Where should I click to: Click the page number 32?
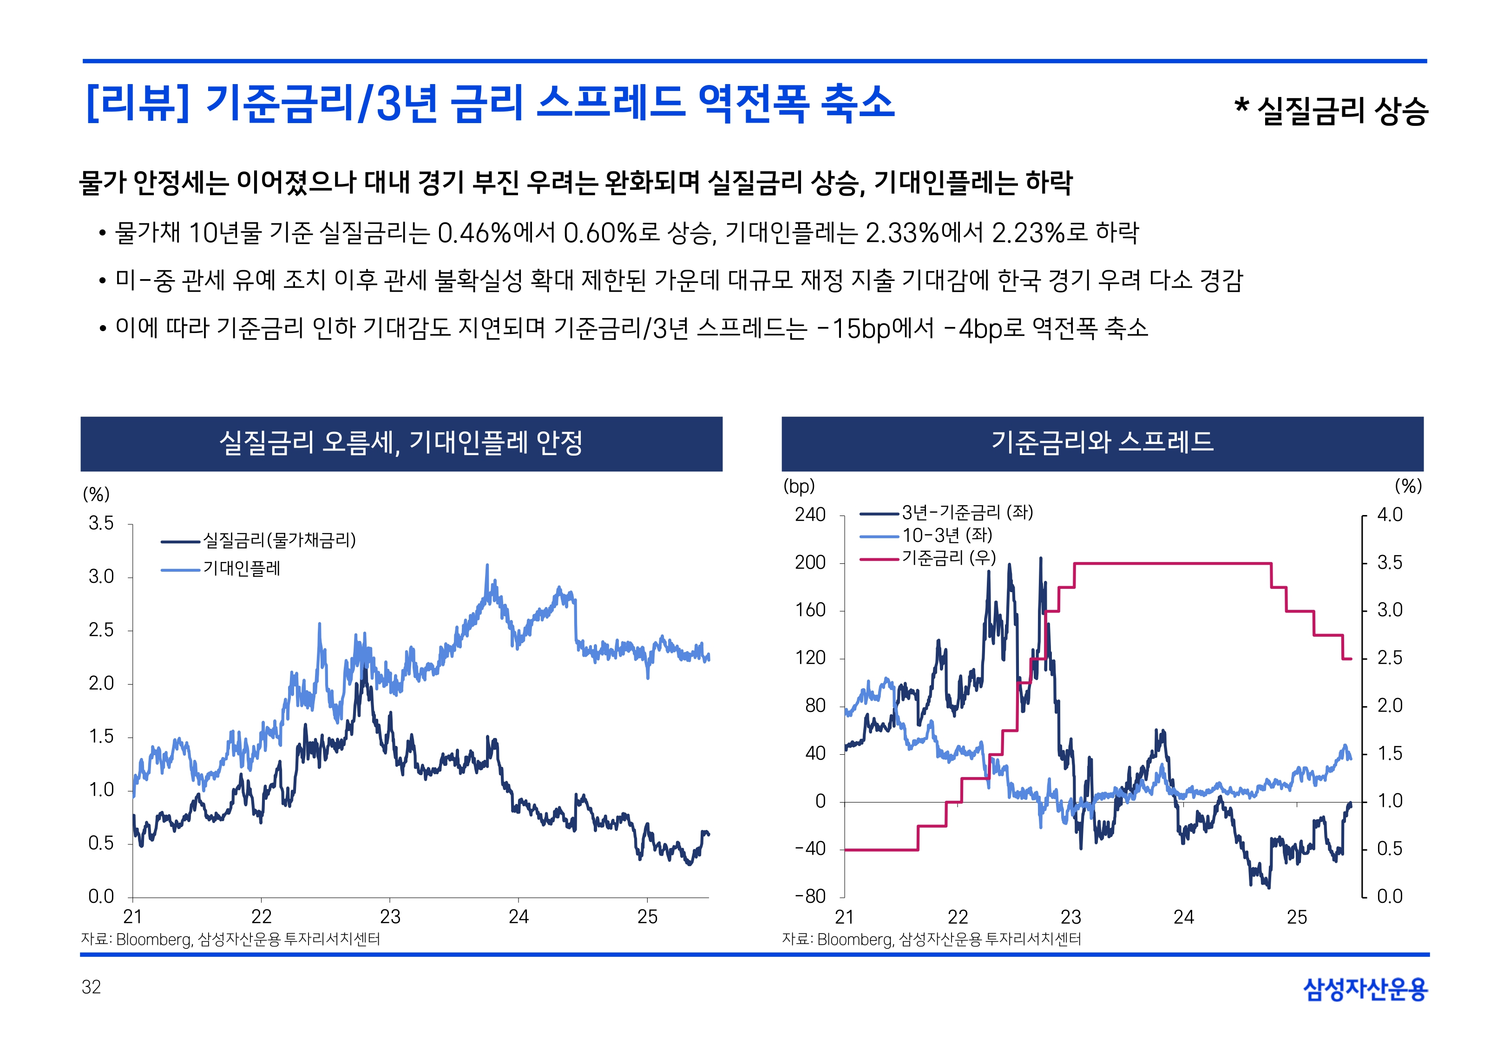click(91, 987)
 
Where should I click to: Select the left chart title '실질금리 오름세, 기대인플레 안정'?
click(401, 443)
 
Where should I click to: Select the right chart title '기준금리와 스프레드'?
click(1102, 442)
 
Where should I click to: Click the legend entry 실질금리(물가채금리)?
click(279, 540)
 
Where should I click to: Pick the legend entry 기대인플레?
click(242, 568)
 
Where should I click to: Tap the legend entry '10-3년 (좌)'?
click(947, 535)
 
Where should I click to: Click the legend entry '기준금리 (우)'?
click(949, 558)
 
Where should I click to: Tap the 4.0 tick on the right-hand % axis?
click(1390, 515)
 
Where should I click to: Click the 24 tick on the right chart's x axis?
click(1183, 917)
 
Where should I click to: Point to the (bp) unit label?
click(799, 486)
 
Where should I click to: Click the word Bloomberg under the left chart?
click(154, 940)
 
